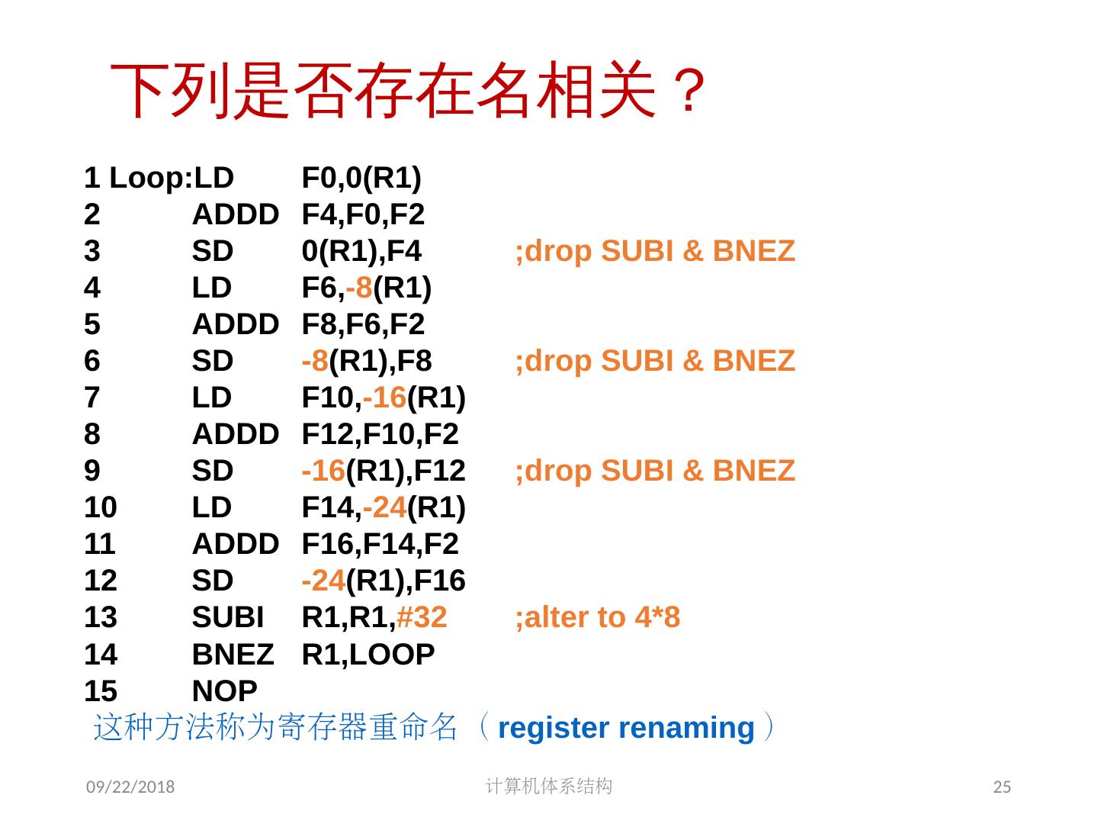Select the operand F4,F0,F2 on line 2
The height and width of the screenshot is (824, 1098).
(363, 214)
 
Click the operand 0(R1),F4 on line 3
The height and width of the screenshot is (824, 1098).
(361, 251)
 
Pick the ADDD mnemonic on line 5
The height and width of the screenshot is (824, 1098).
(235, 324)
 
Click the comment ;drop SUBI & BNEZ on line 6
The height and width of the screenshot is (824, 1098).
(655, 361)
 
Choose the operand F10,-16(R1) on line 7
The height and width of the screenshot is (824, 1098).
(384, 398)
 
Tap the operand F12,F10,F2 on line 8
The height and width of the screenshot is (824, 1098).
(380, 434)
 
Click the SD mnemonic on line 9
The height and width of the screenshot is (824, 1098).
(212, 471)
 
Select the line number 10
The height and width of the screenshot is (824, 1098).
(101, 507)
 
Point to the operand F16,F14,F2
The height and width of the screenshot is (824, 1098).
(380, 544)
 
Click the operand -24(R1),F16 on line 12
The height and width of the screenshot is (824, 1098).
(384, 581)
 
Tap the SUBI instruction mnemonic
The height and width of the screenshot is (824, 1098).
(227, 617)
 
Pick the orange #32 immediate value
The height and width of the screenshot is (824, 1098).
(422, 617)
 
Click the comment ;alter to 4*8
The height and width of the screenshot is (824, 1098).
(597, 617)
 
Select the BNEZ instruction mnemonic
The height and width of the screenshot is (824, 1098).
(233, 654)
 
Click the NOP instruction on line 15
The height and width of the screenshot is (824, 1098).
(224, 690)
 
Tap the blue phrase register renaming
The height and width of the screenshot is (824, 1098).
(625, 728)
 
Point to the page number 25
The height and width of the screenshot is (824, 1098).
(1002, 787)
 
